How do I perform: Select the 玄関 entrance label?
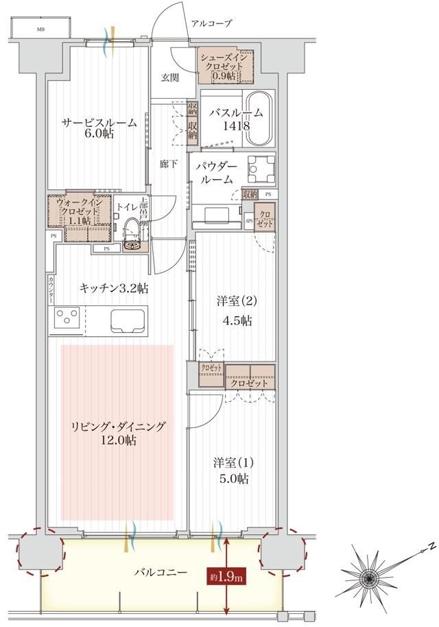[x=170, y=77]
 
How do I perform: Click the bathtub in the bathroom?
[x=259, y=118]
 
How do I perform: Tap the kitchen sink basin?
[x=126, y=320]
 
